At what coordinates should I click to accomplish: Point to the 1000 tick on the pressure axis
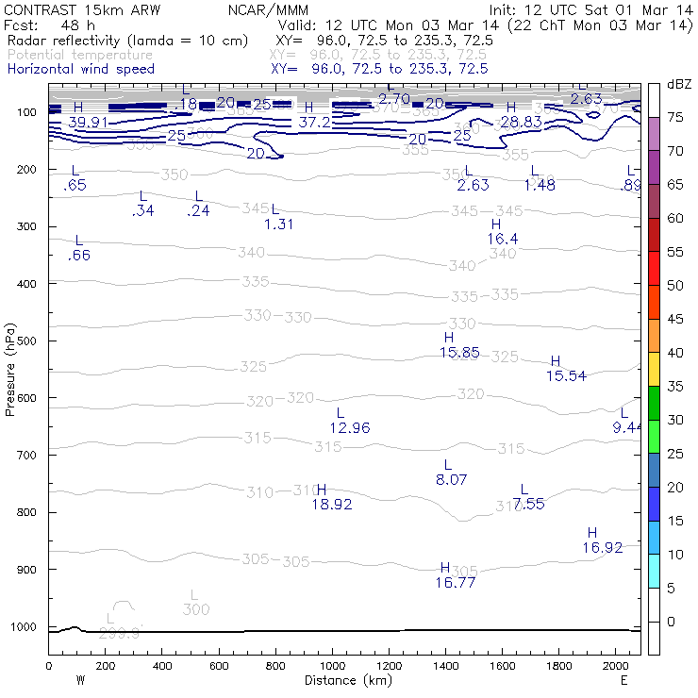(45, 626)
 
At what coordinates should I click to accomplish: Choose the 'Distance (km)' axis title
(344, 679)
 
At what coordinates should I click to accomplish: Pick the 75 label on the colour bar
(675, 117)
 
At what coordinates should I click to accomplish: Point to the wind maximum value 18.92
(331, 505)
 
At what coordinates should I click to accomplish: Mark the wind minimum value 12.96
(350, 428)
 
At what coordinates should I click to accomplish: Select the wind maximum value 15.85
(459, 353)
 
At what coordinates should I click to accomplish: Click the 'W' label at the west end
(79, 679)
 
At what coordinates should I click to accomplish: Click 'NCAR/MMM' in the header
(269, 9)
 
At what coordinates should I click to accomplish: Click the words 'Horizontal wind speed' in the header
(81, 69)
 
